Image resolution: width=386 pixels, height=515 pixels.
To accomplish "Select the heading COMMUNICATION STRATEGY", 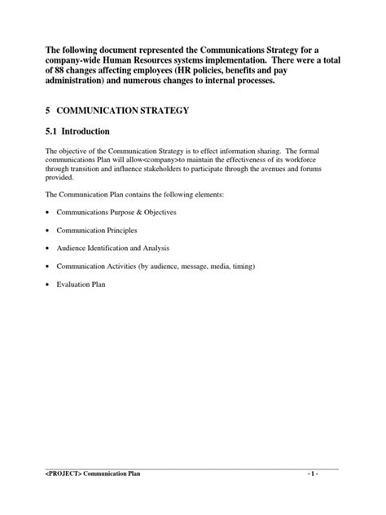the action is pyautogui.click(x=122, y=110).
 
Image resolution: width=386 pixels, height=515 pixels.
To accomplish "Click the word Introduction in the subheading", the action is pyautogui.click(x=92, y=131).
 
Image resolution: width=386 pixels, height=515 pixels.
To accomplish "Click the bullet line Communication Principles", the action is pyautogui.click(x=96, y=230).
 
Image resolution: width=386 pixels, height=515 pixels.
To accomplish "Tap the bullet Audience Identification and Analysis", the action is pyautogui.click(x=112, y=248).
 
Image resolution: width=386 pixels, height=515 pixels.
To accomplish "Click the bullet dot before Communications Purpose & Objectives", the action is pyautogui.click(x=47, y=212).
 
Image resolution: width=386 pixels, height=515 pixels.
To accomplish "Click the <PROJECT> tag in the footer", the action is pyautogui.click(x=62, y=495).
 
